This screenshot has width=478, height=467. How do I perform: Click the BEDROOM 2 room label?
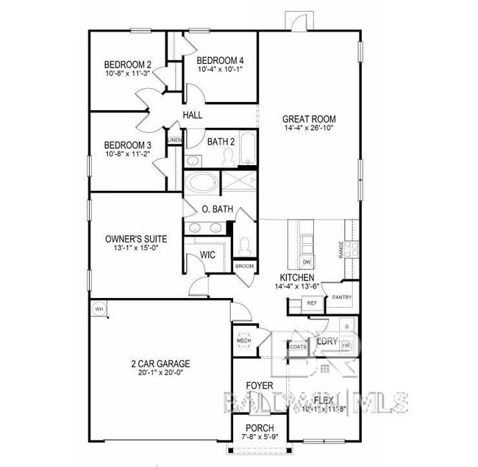pos(128,64)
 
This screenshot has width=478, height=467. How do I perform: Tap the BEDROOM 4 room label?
pos(221,60)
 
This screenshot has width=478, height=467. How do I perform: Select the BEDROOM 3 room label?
pos(128,145)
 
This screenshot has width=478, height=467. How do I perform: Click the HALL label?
pos(193,115)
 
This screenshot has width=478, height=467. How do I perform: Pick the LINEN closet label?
pos(175,140)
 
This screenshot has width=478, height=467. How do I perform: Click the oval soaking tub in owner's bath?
pos(201,182)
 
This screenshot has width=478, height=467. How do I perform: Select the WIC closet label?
pos(209,255)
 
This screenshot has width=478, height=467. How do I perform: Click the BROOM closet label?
pos(244,265)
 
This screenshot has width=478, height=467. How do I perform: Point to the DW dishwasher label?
pos(307,262)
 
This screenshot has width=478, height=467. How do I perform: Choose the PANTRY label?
pos(342,297)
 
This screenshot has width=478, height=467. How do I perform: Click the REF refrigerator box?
pos(312,303)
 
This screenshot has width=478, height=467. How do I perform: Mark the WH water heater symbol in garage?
pos(98,309)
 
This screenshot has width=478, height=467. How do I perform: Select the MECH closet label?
pos(243,341)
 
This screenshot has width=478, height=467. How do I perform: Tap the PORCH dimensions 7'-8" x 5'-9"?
pos(259,438)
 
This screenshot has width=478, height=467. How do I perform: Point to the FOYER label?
pos(259,385)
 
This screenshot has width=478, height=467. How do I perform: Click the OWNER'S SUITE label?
pos(135,239)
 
